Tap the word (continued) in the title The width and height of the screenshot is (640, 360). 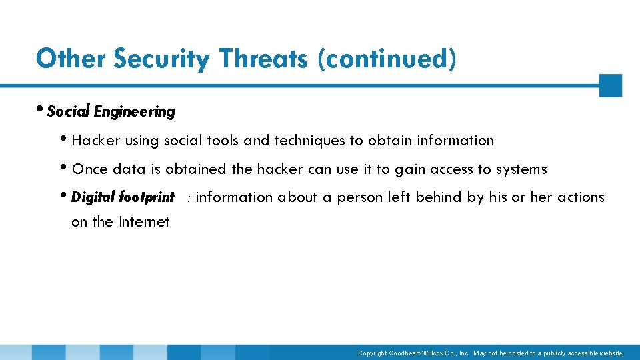(x=387, y=59)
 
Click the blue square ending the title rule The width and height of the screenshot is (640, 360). (x=610, y=85)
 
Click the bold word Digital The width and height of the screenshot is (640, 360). (x=93, y=197)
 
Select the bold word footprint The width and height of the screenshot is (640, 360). (x=147, y=197)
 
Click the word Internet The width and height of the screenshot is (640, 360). (x=144, y=222)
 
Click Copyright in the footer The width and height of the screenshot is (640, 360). (x=372, y=353)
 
